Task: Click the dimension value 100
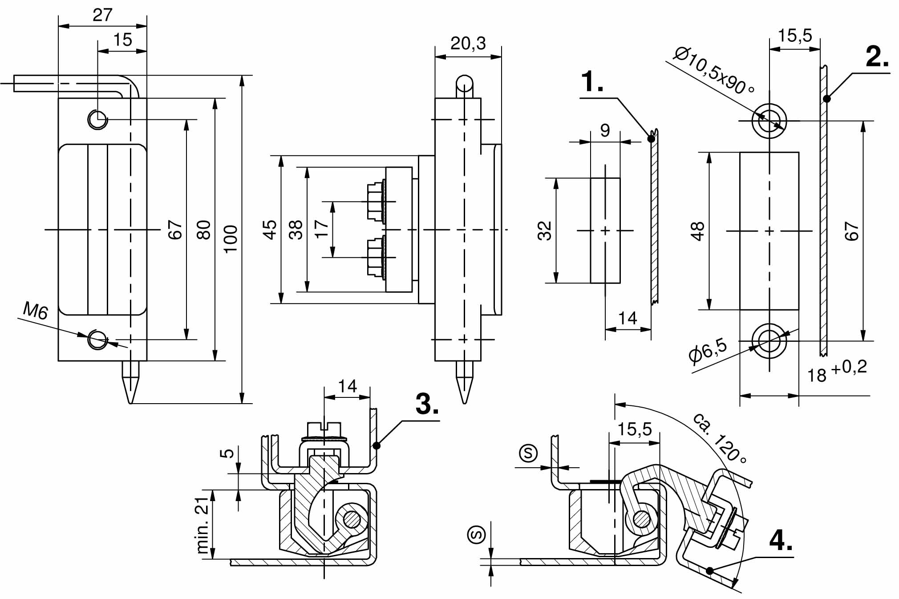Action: tap(231, 239)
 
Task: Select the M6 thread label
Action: tap(35, 310)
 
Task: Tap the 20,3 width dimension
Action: tap(468, 43)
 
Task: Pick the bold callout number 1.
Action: tap(592, 82)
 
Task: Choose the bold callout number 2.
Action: tap(877, 57)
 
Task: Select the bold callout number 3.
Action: tap(427, 404)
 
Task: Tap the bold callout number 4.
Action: tap(781, 541)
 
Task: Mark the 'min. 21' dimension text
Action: tap(202, 525)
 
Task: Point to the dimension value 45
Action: tap(270, 230)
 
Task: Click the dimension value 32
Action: tap(545, 231)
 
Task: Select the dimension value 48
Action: tap(697, 231)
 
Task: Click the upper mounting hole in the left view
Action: tap(97, 119)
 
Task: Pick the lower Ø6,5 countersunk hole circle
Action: tap(769, 341)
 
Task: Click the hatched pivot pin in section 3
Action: tap(352, 519)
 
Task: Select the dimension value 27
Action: tap(102, 15)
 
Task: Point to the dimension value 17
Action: tap(321, 229)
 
